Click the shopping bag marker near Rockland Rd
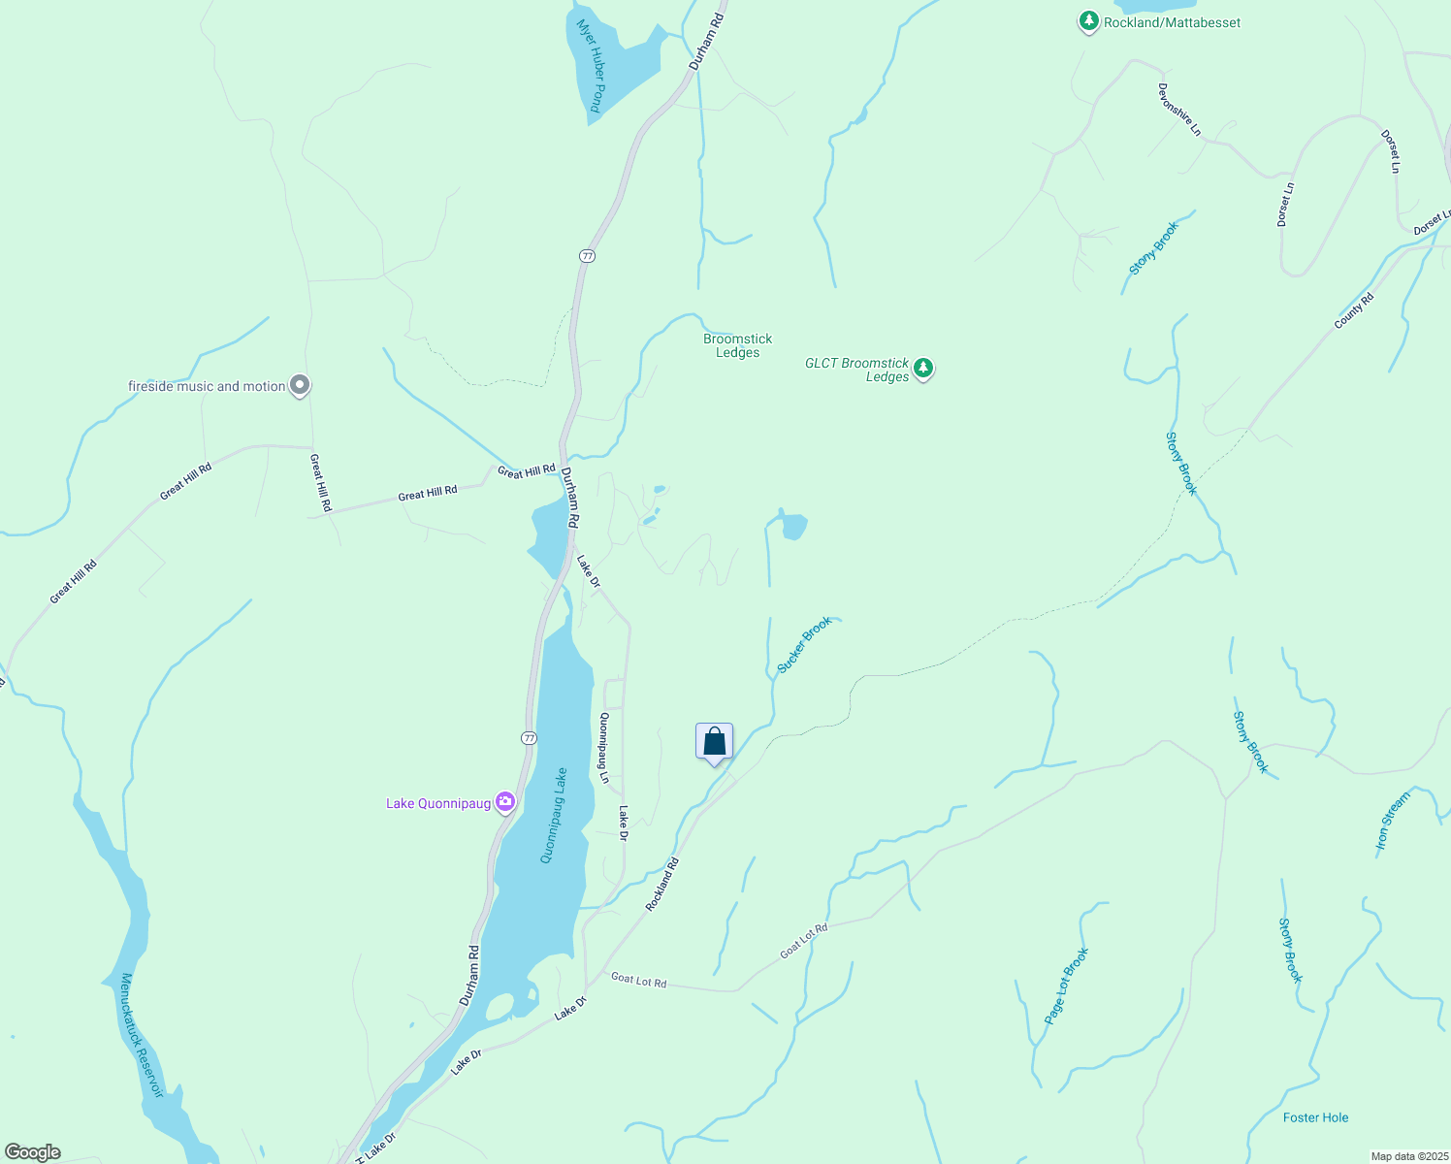click(x=714, y=743)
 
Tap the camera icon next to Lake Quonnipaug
click(x=504, y=802)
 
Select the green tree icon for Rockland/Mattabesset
click(x=1088, y=21)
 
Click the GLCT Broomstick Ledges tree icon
click(x=923, y=369)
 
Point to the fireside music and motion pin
click(x=301, y=386)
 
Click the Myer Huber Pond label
click(x=591, y=66)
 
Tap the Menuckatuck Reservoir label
click(x=142, y=1036)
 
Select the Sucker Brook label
click(x=804, y=645)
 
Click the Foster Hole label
click(x=1315, y=1117)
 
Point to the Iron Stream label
click(x=1393, y=822)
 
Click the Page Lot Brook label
click(x=1067, y=986)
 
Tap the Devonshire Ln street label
click(x=1178, y=109)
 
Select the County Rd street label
click(x=1354, y=310)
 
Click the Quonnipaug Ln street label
click(x=603, y=748)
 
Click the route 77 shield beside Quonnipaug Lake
click(x=528, y=738)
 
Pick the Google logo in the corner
click(x=32, y=1152)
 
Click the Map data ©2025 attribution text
click(x=1408, y=1156)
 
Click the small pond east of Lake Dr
click(x=793, y=527)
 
